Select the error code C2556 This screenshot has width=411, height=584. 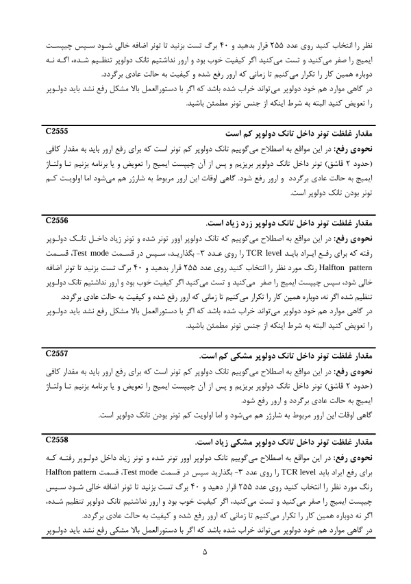(57, 221)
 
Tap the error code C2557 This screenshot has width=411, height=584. (57, 354)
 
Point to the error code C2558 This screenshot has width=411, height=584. (57, 438)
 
